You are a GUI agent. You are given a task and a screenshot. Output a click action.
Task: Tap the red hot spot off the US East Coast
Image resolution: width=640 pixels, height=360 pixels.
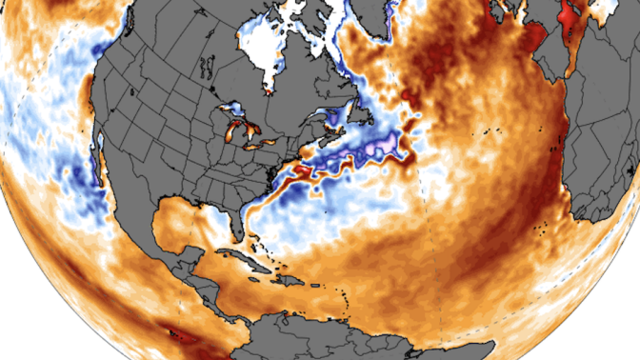299,171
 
